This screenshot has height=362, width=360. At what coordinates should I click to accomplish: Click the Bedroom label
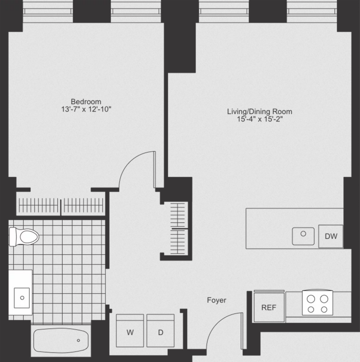point(86,102)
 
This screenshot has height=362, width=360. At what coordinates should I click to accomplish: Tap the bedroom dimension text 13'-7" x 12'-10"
point(86,109)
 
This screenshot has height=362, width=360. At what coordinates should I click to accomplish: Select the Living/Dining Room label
point(260,112)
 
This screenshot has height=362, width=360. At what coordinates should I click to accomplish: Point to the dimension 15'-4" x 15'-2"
point(260,119)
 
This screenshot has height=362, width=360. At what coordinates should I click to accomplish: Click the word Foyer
point(216,300)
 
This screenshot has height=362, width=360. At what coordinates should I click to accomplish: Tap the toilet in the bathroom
point(24,237)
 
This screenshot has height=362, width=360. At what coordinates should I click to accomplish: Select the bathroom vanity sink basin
point(22,298)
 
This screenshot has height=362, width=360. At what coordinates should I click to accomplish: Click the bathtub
point(61,340)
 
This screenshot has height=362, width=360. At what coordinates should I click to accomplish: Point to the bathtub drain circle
point(78,340)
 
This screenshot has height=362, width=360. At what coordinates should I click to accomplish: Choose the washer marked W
point(130,330)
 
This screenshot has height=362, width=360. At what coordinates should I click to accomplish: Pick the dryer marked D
point(160,330)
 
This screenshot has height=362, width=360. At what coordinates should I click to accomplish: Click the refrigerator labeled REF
point(269,306)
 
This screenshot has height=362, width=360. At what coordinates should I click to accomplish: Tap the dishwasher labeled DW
point(331,236)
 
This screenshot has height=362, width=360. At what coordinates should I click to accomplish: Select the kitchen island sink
point(303,236)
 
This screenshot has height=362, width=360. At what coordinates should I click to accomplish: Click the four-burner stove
point(318,303)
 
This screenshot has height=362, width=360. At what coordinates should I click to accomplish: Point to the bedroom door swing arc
point(129,162)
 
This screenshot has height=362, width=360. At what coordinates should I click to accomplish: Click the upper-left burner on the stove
point(311,299)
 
